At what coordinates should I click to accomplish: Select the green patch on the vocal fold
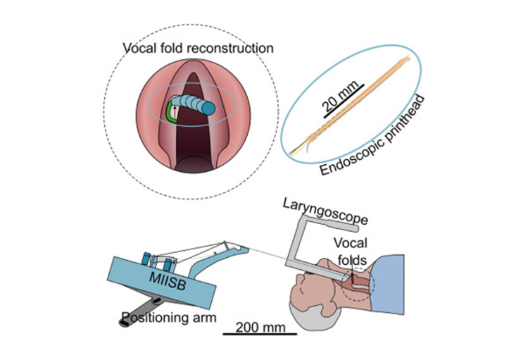pyautogui.click(x=170, y=113)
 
